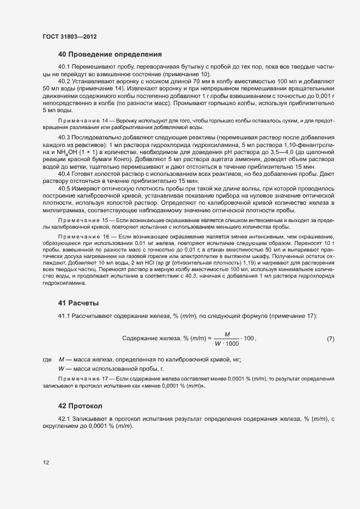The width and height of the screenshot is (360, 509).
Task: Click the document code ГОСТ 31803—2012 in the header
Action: point(69,36)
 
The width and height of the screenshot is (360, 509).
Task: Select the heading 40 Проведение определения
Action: point(110,54)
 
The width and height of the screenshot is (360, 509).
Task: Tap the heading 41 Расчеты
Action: point(78,303)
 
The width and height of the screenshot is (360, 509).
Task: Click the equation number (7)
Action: point(330,339)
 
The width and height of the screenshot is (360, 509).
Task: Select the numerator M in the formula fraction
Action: point(227,334)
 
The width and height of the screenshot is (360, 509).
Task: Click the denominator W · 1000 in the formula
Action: point(227,344)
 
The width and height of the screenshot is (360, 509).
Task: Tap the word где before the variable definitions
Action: point(47,360)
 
